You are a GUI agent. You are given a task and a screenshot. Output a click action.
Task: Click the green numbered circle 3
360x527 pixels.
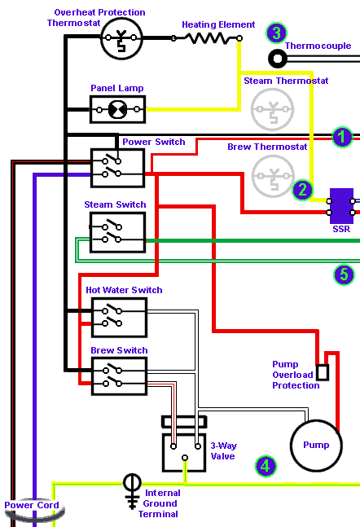coord(276,33)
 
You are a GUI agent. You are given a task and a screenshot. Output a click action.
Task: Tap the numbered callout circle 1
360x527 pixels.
coord(342,137)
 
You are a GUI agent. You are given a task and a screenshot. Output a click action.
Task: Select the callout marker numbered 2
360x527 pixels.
coord(302,190)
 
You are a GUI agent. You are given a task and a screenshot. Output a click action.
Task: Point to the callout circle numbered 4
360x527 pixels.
coord(266,466)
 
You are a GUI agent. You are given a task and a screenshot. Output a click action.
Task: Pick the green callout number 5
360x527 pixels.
coord(344,274)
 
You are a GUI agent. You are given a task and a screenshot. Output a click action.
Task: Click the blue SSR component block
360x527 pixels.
coord(341,206)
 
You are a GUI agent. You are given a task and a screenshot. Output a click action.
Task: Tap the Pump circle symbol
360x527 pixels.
coord(316,446)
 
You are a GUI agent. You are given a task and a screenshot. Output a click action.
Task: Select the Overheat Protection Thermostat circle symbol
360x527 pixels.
coord(121,38)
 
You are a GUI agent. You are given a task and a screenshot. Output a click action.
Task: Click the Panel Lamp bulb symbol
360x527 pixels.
coord(117,110)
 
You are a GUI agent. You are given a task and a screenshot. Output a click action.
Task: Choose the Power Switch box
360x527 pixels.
coord(117,168)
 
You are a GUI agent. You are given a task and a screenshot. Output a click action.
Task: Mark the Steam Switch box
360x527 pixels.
coord(117,233)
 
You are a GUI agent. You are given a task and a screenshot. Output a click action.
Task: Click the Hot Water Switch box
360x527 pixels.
coord(120,318)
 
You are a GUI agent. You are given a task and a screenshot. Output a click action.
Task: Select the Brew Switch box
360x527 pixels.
coord(120,376)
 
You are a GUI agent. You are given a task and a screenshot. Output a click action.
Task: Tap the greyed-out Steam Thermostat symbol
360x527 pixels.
coord(273,110)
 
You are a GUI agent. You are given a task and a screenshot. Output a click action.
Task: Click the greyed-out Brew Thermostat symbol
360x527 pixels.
coord(274,176)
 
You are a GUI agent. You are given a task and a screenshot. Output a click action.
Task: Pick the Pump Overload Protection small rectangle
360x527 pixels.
coord(323,372)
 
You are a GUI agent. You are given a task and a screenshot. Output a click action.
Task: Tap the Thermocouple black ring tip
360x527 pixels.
coord(277,59)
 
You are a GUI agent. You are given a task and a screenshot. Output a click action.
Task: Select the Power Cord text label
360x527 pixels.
coord(32,505)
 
